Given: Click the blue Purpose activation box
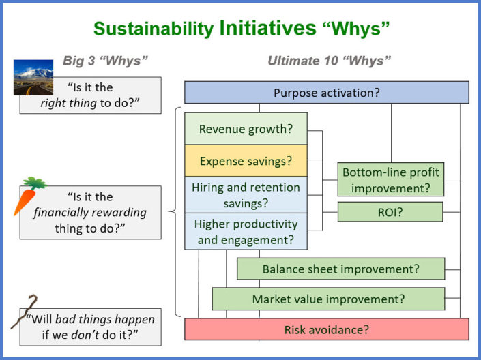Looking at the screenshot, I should tap(326, 93).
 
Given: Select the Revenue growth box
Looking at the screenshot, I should tap(246, 129).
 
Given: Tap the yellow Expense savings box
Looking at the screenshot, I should tap(246, 161).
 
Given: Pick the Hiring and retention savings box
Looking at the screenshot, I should tap(246, 195).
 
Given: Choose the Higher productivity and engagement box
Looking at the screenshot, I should tap(246, 231).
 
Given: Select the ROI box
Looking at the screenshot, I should tap(391, 212).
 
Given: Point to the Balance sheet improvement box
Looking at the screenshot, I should tap(341, 269).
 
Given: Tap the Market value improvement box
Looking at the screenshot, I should tap(328, 299).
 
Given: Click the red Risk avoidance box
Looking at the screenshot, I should tap(326, 329).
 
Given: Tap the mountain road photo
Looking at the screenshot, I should tap(33, 77).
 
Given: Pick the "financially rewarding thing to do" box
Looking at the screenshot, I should tap(91, 213).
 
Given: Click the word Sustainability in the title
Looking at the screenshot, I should tap(154, 29).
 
